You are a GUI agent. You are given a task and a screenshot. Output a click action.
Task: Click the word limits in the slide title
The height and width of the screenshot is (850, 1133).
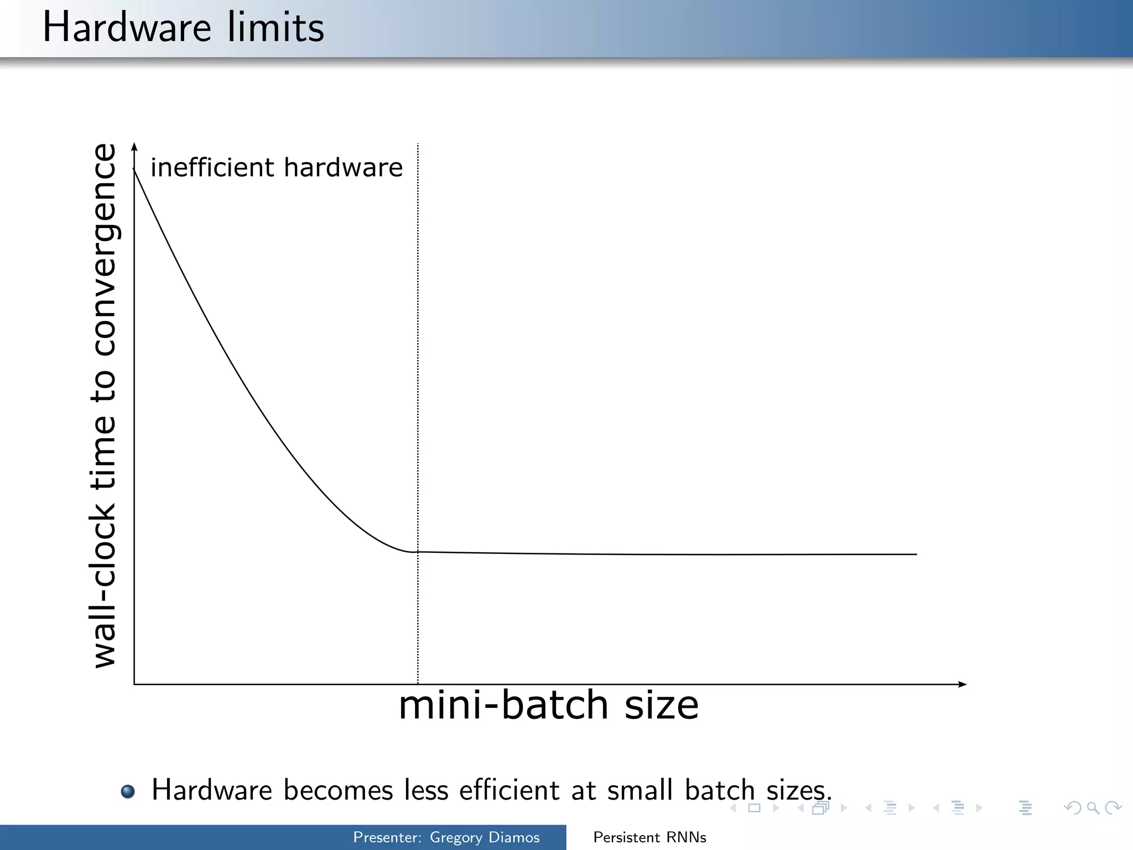(x=276, y=28)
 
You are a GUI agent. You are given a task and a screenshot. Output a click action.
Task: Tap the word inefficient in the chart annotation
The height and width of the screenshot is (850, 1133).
(x=212, y=167)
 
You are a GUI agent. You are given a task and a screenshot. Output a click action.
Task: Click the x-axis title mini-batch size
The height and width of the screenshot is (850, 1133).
(x=548, y=706)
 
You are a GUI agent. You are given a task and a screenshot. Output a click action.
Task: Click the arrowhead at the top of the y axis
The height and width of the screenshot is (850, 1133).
(x=134, y=147)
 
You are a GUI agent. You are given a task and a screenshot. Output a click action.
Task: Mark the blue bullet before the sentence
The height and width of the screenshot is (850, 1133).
(x=128, y=791)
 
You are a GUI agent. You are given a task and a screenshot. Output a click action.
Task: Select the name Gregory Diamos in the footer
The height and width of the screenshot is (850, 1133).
(x=485, y=837)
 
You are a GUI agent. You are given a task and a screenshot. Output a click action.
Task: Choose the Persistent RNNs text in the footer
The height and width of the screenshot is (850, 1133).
(x=649, y=837)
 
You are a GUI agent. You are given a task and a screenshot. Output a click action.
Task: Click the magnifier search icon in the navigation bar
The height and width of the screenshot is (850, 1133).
(x=1093, y=808)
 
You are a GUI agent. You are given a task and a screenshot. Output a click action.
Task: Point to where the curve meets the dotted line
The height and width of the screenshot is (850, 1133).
(x=418, y=552)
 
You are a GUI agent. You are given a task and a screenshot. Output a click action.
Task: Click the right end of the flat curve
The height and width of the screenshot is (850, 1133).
(x=916, y=554)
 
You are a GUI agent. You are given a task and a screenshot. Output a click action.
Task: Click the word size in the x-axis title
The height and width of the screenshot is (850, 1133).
(x=662, y=706)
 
